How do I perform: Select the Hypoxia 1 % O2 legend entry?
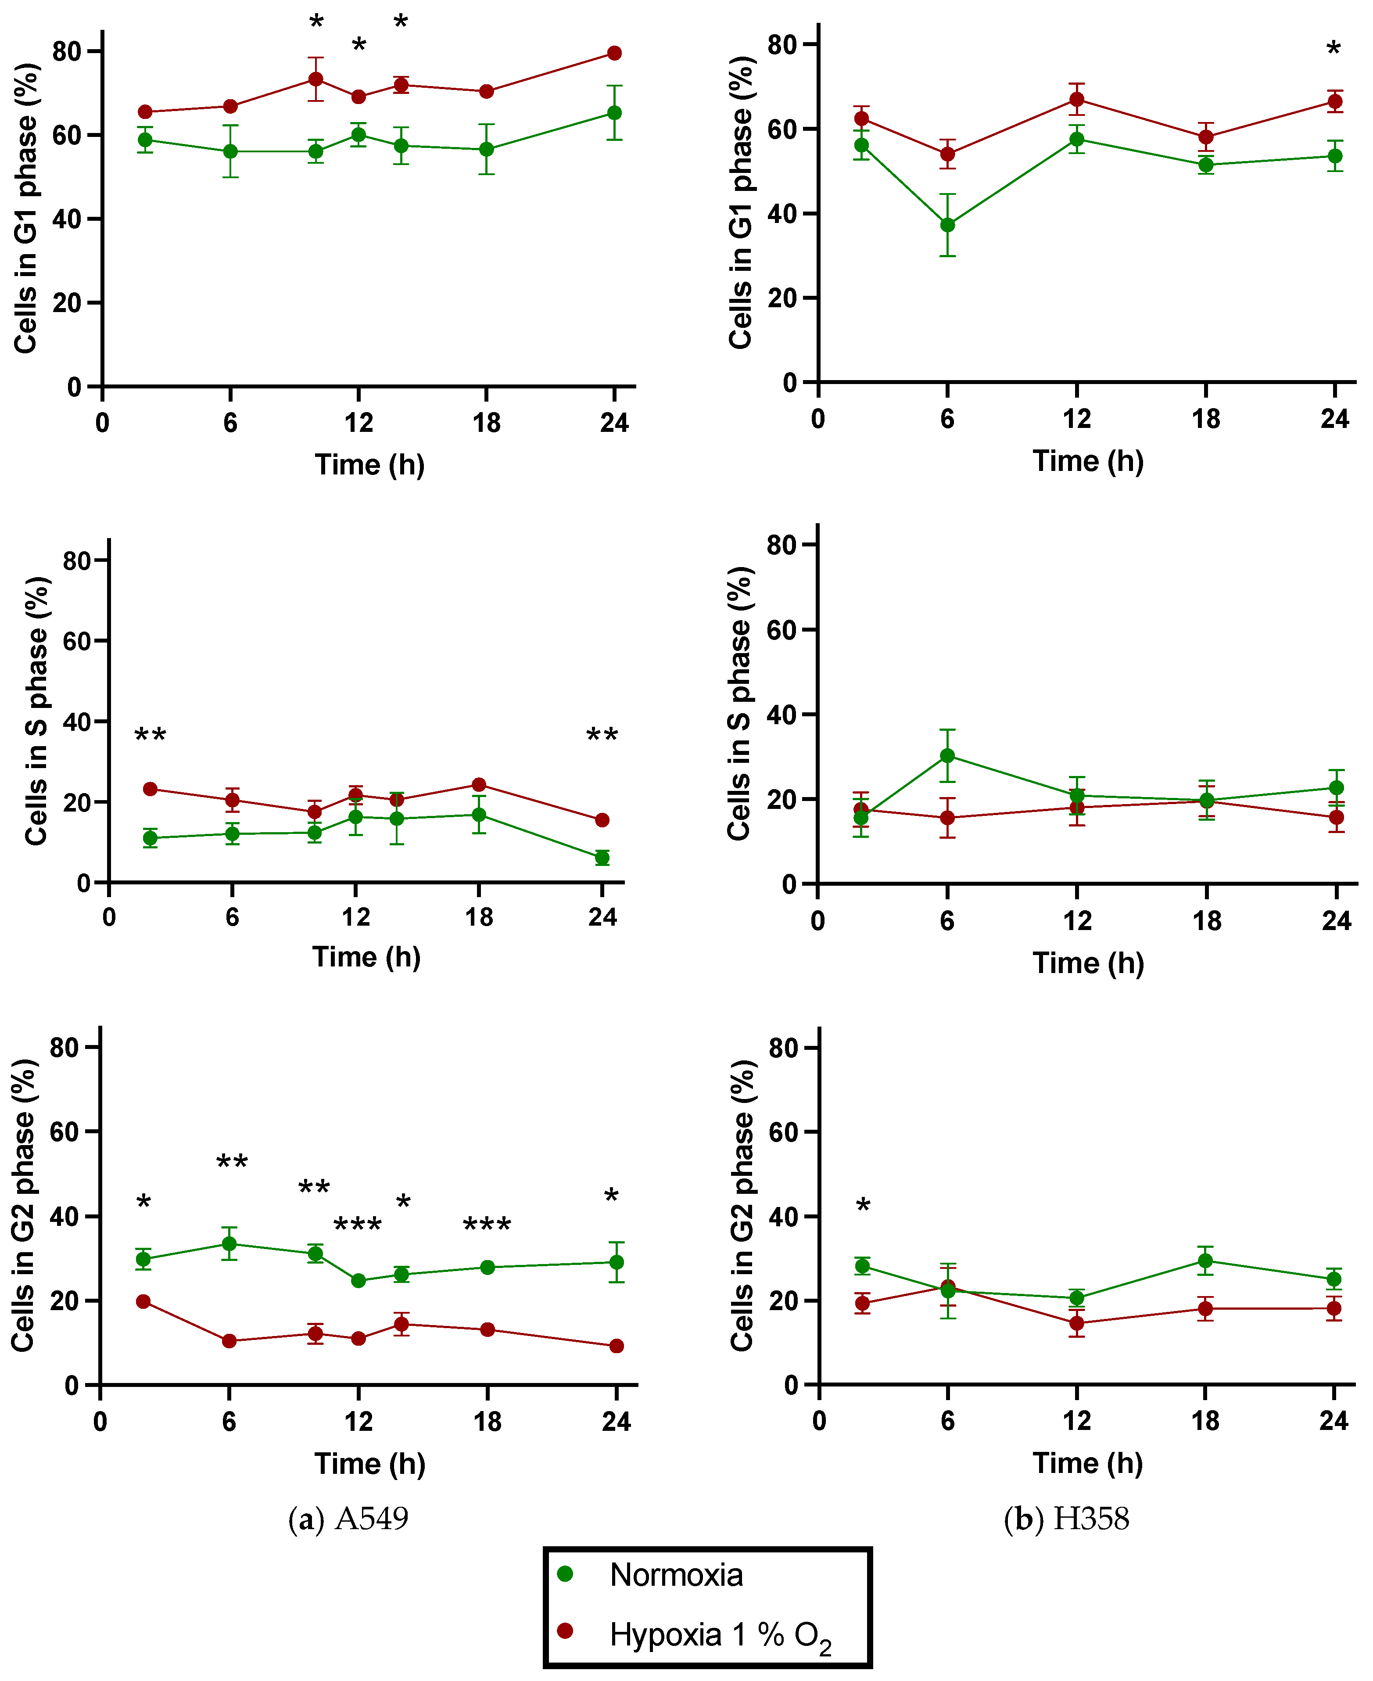click(x=720, y=1634)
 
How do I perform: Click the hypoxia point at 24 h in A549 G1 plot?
click(x=614, y=53)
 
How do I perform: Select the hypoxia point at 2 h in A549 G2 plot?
click(x=143, y=1301)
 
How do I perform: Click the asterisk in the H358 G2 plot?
click(x=863, y=1207)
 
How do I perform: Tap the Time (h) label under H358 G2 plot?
click(x=1088, y=1463)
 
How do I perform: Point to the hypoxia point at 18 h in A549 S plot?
click(x=478, y=785)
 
